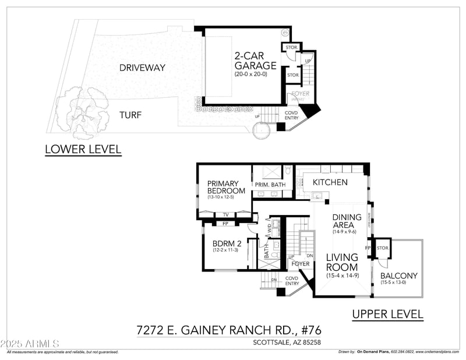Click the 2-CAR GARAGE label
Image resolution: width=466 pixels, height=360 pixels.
pyautogui.click(x=255, y=61)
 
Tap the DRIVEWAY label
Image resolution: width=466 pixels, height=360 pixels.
pyautogui.click(x=142, y=68)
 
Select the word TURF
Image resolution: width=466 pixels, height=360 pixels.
pyautogui.click(x=131, y=115)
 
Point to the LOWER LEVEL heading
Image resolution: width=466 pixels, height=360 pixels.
pyautogui.click(x=83, y=149)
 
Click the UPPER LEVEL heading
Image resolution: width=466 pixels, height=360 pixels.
pyautogui.click(x=387, y=314)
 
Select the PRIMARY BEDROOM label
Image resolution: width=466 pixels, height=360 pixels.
pyautogui.click(x=226, y=187)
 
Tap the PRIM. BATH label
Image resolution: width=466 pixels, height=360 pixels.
pyautogui.click(x=270, y=185)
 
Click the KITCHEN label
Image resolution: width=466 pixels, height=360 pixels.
pyautogui.click(x=330, y=182)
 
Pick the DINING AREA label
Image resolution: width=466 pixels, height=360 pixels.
pyautogui.click(x=347, y=221)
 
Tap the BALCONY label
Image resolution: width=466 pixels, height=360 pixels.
pyautogui.click(x=398, y=276)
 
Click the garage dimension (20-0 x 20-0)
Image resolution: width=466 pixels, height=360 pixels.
pyautogui.click(x=251, y=75)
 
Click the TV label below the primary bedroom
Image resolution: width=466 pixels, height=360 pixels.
pyautogui.click(x=225, y=214)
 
